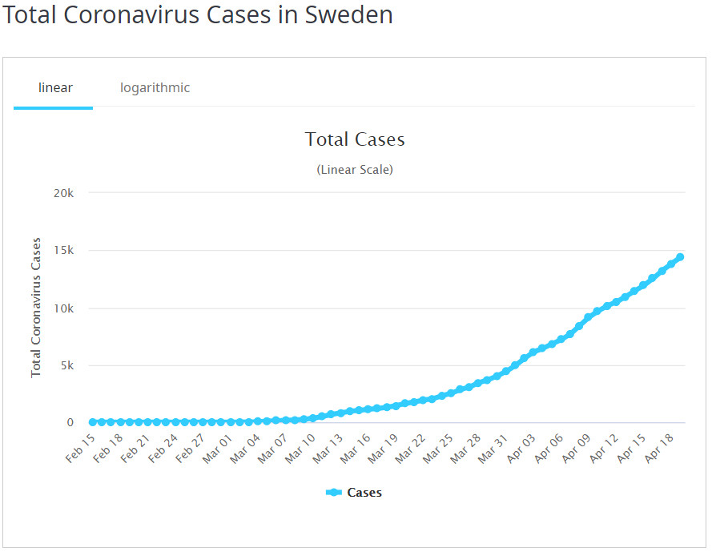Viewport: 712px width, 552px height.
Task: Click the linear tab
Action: [55, 87]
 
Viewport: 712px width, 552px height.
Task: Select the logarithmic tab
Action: [155, 87]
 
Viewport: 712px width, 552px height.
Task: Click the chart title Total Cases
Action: [355, 139]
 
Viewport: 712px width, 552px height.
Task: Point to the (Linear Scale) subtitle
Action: [355, 170]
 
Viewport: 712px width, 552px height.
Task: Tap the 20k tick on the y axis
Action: [63, 193]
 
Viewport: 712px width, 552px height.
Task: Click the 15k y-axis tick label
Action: [63, 251]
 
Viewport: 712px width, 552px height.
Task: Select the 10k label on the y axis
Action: [63, 308]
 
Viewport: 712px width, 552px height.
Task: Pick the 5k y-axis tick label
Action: [66, 366]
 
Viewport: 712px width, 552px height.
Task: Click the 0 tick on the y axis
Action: [70, 423]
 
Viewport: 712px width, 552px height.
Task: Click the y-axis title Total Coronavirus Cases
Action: [36, 307]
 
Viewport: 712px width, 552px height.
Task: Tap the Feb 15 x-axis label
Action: [80, 449]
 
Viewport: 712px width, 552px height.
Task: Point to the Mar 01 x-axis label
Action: [216, 449]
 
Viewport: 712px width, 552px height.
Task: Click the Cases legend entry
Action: [355, 493]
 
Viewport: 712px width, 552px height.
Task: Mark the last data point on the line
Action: [680, 257]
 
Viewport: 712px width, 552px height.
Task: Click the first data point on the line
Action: [93, 422]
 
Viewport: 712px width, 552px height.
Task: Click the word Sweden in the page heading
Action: [349, 15]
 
